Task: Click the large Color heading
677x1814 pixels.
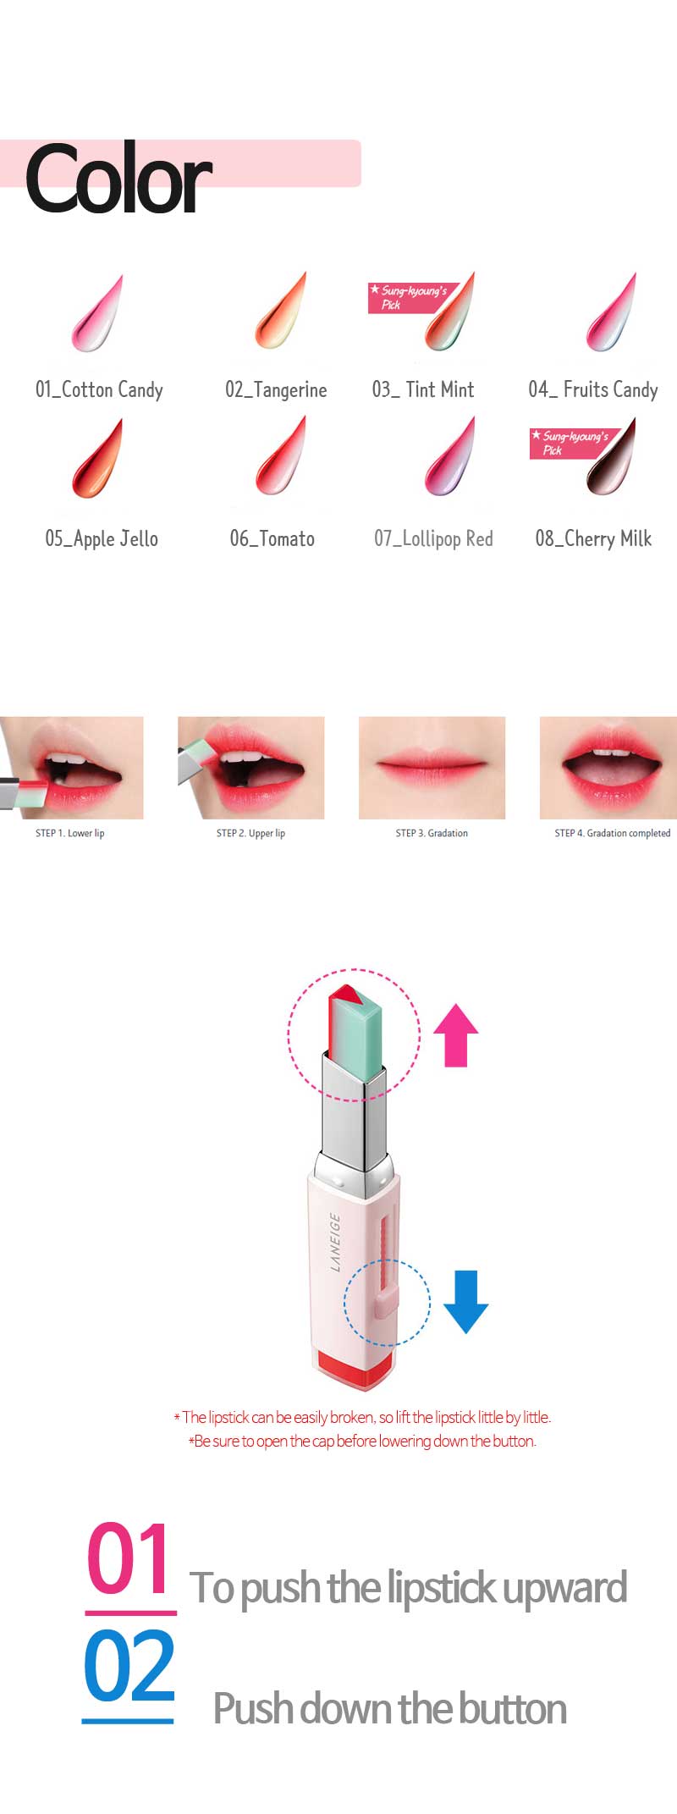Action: click(x=118, y=179)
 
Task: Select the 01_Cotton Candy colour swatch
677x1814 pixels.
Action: click(x=97, y=313)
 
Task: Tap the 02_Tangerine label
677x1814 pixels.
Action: click(x=276, y=390)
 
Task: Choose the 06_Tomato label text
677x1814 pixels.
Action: click(x=272, y=539)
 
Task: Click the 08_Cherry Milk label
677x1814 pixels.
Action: click(x=593, y=539)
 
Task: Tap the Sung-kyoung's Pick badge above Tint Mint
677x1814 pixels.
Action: click(x=411, y=298)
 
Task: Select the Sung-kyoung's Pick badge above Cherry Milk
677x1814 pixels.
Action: click(x=573, y=443)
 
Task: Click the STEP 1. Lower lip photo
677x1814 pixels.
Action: click(x=71, y=768)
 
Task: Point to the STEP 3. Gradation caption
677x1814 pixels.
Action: click(x=432, y=834)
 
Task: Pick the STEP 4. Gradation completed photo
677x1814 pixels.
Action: click(x=608, y=768)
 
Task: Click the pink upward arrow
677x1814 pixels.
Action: click(x=456, y=1035)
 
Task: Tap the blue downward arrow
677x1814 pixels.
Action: click(x=466, y=1302)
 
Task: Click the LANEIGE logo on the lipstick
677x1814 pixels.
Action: click(x=334, y=1242)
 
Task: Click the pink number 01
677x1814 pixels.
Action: click(x=129, y=1558)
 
